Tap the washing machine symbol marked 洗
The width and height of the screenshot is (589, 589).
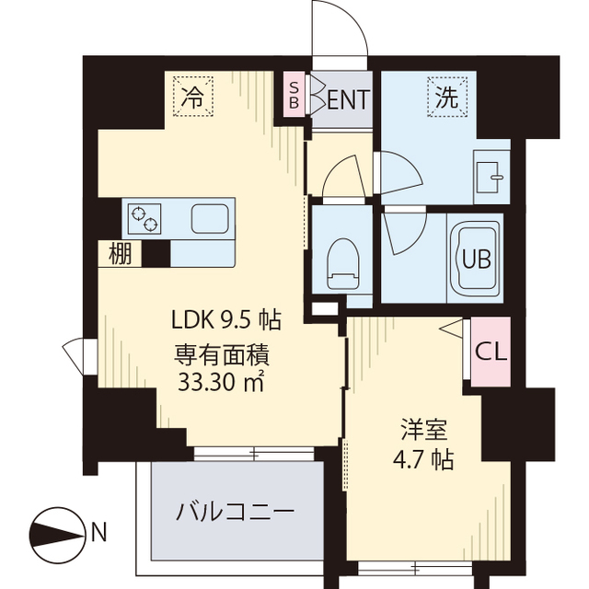click(445, 97)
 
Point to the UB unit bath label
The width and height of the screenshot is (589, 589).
click(475, 259)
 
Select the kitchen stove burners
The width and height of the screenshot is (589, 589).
click(144, 220)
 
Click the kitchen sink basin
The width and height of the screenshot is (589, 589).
click(211, 220)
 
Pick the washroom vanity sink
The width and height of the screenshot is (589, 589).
click(490, 174)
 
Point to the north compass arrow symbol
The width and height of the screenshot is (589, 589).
click(57, 532)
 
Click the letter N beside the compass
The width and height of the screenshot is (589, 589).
click(98, 532)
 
